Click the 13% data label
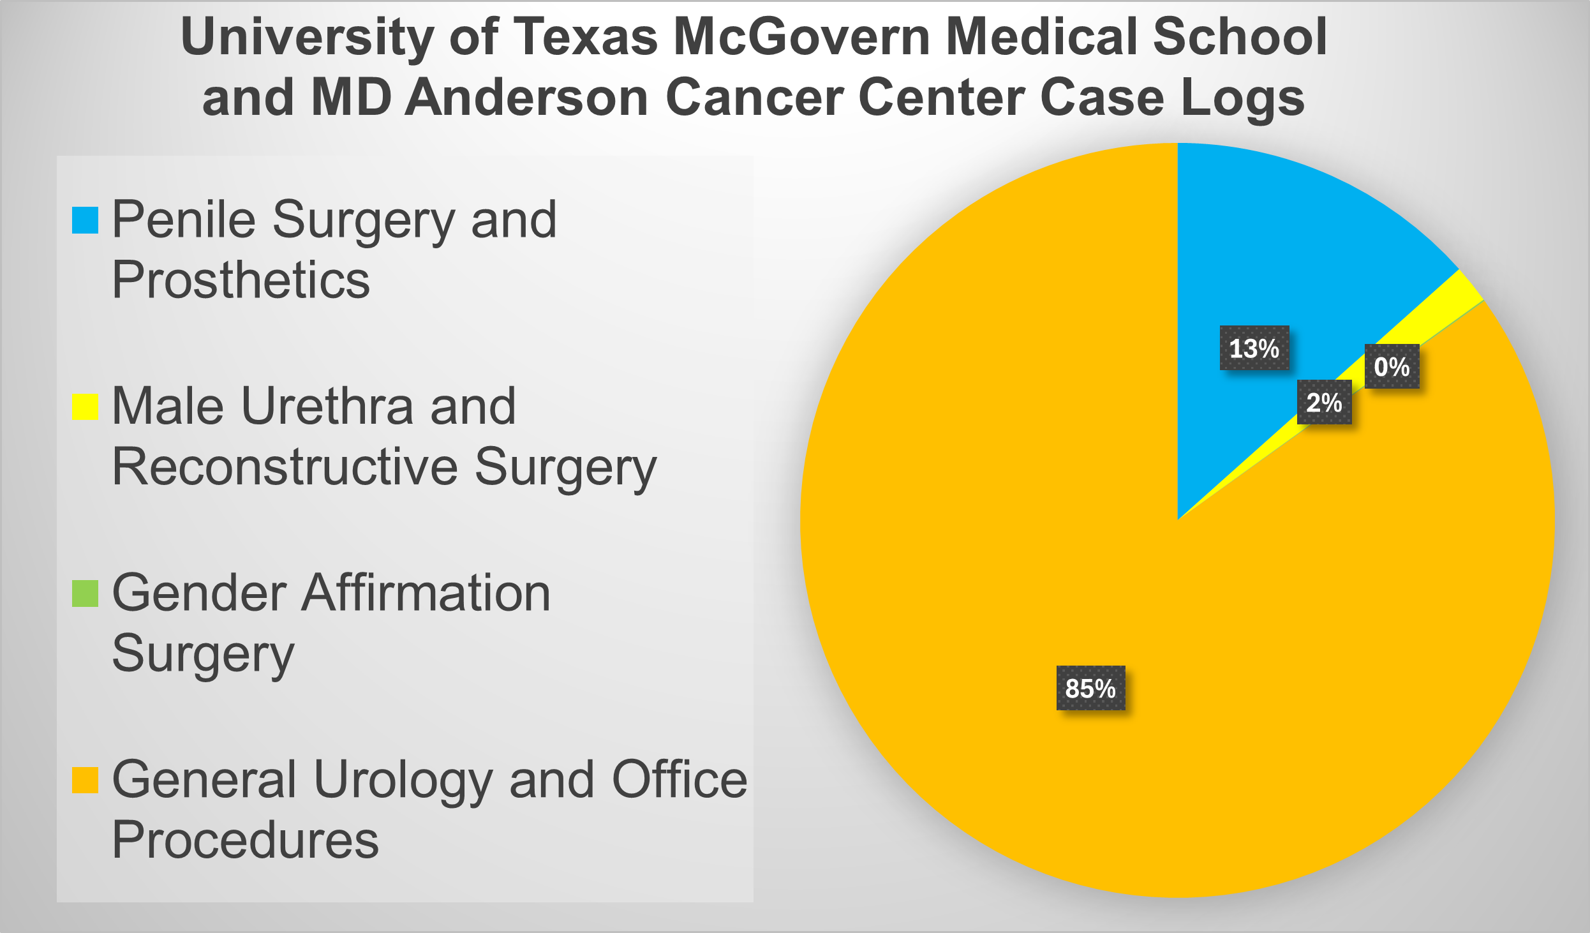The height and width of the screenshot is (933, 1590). (1254, 348)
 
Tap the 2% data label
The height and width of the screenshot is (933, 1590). (1324, 402)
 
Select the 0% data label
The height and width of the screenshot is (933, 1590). (1392, 366)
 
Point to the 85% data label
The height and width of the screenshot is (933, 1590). (1090, 688)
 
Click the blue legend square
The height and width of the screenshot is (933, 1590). (85, 221)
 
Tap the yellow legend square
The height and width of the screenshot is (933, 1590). (85, 407)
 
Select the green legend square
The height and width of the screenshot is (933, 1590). (85, 593)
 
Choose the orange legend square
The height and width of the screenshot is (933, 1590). (85, 780)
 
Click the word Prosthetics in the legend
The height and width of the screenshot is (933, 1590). (241, 280)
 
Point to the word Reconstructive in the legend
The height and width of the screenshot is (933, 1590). (285, 466)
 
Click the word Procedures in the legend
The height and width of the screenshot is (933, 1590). (245, 840)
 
